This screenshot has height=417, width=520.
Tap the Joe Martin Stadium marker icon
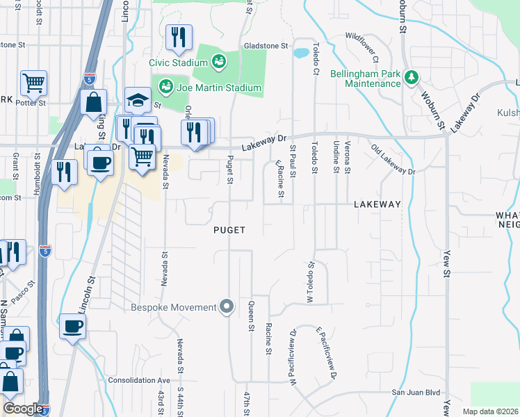coord(165,88)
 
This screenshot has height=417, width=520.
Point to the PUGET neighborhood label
coord(229,229)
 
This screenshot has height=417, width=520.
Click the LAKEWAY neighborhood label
coord(377,204)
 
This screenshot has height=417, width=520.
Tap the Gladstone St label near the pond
coord(266,46)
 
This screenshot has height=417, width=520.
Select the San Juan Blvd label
coord(416,392)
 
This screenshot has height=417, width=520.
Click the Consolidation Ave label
coord(139,381)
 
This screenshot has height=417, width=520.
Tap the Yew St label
coord(446,265)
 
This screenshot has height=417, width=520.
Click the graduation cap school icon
coord(138,101)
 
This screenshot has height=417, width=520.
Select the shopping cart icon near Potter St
coord(33,84)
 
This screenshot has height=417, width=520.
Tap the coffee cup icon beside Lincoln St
coord(72,327)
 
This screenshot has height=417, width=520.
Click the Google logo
coord(23,409)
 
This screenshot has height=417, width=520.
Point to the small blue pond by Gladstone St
coord(301,53)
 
